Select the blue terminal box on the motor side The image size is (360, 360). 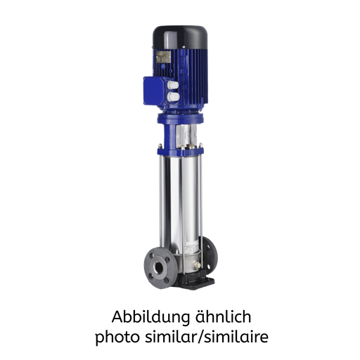click(153, 89)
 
